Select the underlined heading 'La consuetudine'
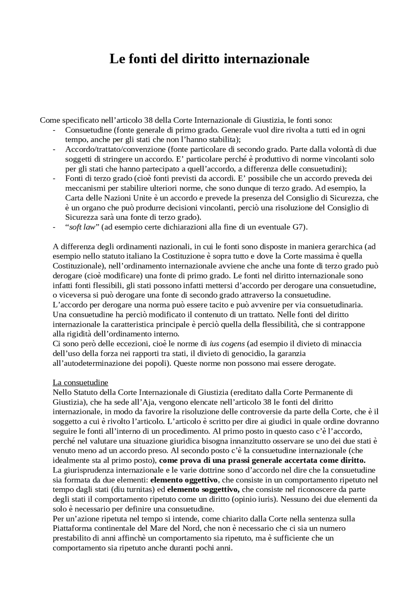tap(80, 382)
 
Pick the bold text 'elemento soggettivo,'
tap(203, 490)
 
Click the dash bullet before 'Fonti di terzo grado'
tap(54, 178)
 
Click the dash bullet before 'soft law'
tap(54, 227)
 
